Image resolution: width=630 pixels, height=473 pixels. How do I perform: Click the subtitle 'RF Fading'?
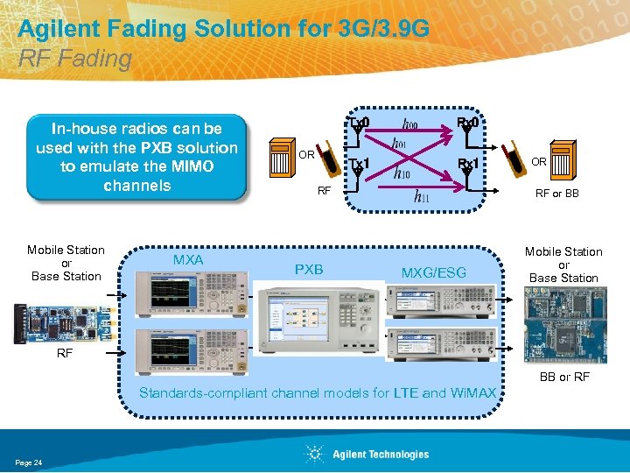click(75, 60)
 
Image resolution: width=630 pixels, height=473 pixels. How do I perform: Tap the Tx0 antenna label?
click(360, 122)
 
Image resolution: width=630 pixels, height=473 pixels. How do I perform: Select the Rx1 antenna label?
click(468, 164)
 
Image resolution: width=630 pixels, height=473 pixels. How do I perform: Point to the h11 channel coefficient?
click(421, 197)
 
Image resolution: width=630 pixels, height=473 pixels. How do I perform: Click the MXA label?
click(188, 259)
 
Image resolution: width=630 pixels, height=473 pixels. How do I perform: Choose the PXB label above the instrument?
click(309, 270)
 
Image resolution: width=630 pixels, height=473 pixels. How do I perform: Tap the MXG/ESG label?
click(434, 273)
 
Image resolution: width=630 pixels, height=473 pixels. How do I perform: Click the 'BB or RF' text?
click(563, 378)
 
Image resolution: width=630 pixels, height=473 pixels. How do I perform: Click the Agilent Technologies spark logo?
click(315, 454)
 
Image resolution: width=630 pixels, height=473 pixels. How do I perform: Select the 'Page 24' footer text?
click(28, 462)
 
